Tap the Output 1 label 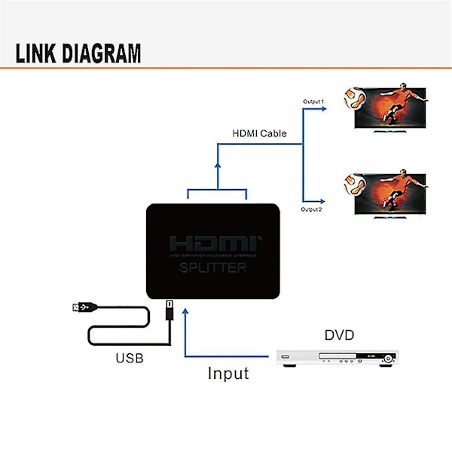[313, 102]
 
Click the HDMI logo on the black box [213, 245]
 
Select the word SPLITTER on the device [213, 268]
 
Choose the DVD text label [339, 334]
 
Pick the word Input [228, 373]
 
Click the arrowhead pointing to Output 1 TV [322, 108]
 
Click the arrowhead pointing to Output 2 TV [322, 201]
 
